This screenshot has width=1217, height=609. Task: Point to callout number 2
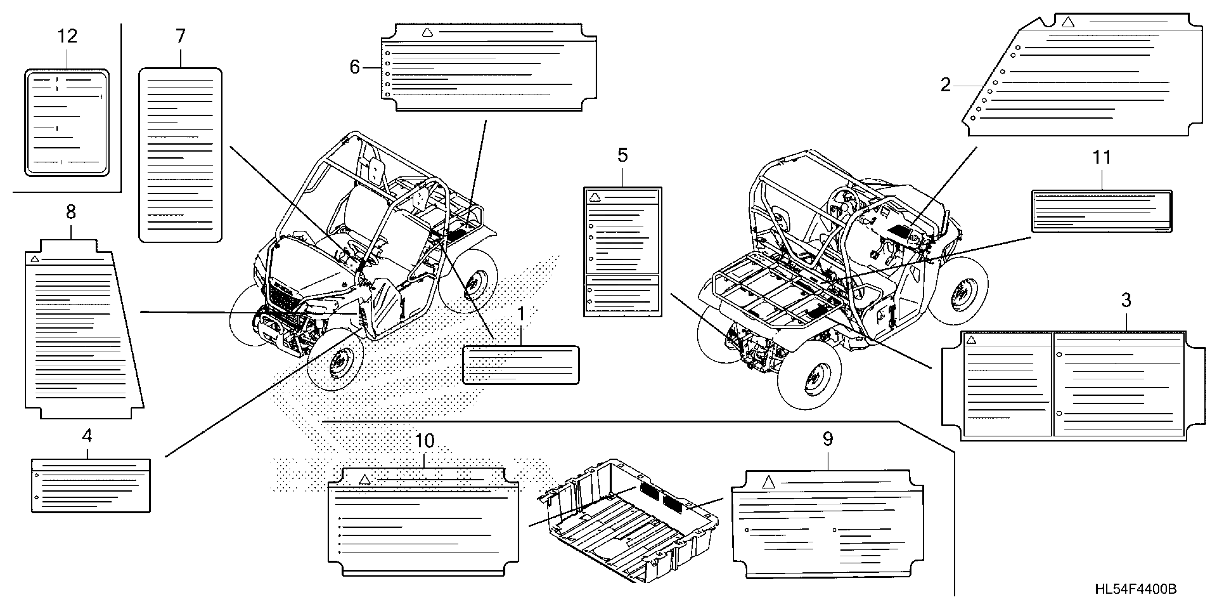pyautogui.click(x=945, y=85)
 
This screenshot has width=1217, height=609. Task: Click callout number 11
pyautogui.click(x=1102, y=158)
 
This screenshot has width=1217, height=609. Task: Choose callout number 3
pyautogui.click(x=1126, y=300)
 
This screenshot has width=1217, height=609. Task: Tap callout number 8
pyautogui.click(x=71, y=212)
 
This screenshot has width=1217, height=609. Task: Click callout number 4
pyautogui.click(x=87, y=436)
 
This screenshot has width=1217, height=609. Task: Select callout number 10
pyautogui.click(x=424, y=441)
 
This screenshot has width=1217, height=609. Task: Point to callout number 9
pyautogui.click(x=828, y=439)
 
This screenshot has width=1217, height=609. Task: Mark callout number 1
pyautogui.click(x=521, y=314)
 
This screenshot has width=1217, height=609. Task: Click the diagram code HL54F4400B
pyautogui.click(x=1136, y=589)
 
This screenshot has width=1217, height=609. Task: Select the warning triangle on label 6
pyautogui.click(x=427, y=32)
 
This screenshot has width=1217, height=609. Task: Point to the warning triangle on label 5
pyautogui.click(x=595, y=197)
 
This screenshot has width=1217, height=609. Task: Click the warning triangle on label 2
pyautogui.click(x=1068, y=22)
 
